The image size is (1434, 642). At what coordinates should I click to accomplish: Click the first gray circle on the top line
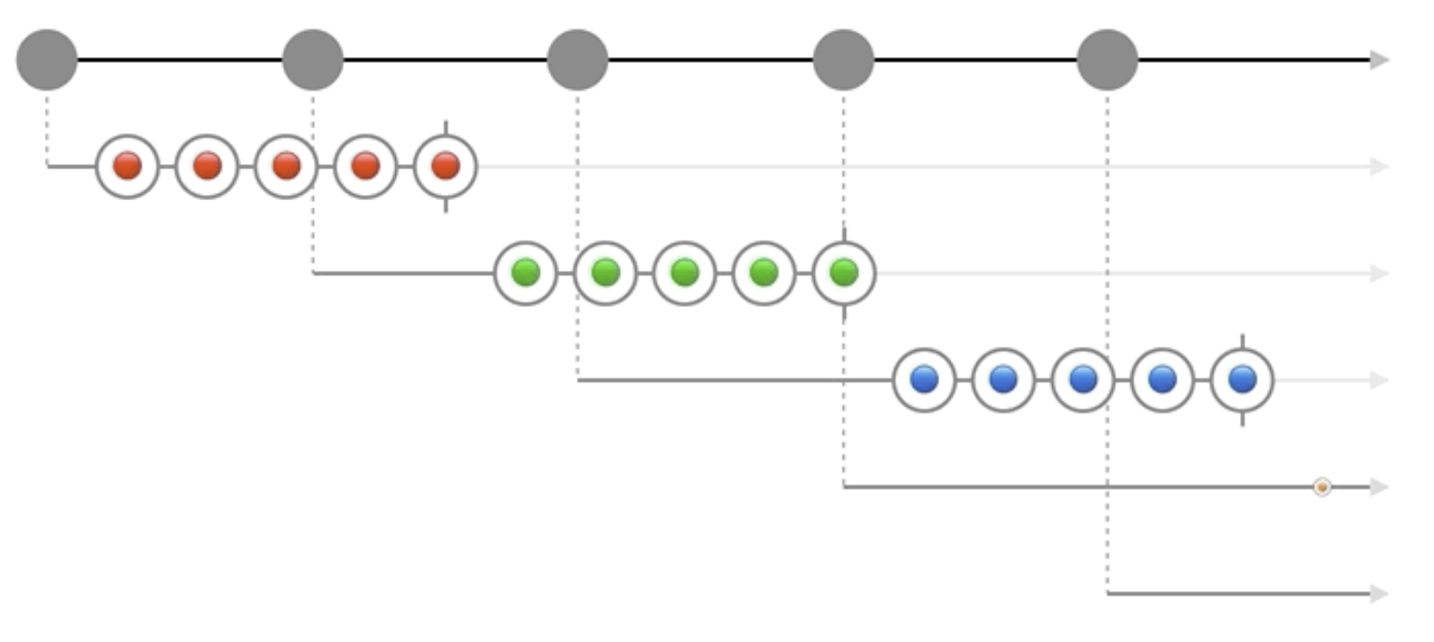tap(47, 60)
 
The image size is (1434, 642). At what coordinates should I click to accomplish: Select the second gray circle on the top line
tap(312, 60)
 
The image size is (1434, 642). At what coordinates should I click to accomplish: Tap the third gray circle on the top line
tap(578, 60)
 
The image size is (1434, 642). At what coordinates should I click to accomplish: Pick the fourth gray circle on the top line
tap(843, 60)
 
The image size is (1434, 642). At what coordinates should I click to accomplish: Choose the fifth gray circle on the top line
tap(1108, 60)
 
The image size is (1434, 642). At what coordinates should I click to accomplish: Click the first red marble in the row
tap(127, 166)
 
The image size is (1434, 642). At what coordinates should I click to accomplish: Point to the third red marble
tap(286, 166)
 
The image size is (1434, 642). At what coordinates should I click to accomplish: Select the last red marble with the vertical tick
tap(445, 166)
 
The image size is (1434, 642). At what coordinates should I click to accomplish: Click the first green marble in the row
tap(526, 272)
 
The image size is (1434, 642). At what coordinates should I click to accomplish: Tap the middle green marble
tap(684, 272)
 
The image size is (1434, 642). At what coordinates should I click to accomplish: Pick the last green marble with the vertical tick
tap(844, 272)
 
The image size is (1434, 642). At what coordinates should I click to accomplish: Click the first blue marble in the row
tap(924, 379)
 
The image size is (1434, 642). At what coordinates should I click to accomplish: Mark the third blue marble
tap(1083, 379)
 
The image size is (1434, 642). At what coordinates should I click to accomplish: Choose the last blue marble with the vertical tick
tap(1243, 379)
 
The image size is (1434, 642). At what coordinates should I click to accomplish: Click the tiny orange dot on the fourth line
tap(1321, 487)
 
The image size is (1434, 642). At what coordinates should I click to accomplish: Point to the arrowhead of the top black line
tap(1379, 60)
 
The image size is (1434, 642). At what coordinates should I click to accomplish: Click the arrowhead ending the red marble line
tap(1379, 166)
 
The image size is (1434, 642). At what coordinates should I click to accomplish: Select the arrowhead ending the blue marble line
tap(1379, 380)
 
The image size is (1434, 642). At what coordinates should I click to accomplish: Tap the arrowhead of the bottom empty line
tap(1379, 593)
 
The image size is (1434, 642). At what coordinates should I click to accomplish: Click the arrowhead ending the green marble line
tap(1379, 273)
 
